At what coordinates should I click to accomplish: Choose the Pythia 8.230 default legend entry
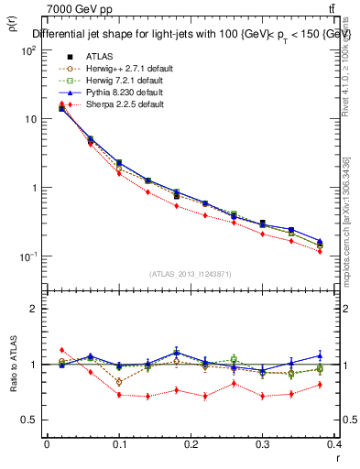pos(113,93)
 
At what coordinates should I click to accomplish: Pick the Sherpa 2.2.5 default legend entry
pos(113,104)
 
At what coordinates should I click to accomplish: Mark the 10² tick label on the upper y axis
pos(27,50)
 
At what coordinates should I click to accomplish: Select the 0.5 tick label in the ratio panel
pos(29,420)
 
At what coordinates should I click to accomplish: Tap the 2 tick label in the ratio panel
pos(33,309)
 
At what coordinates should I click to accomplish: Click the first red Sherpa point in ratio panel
pos(61,350)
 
